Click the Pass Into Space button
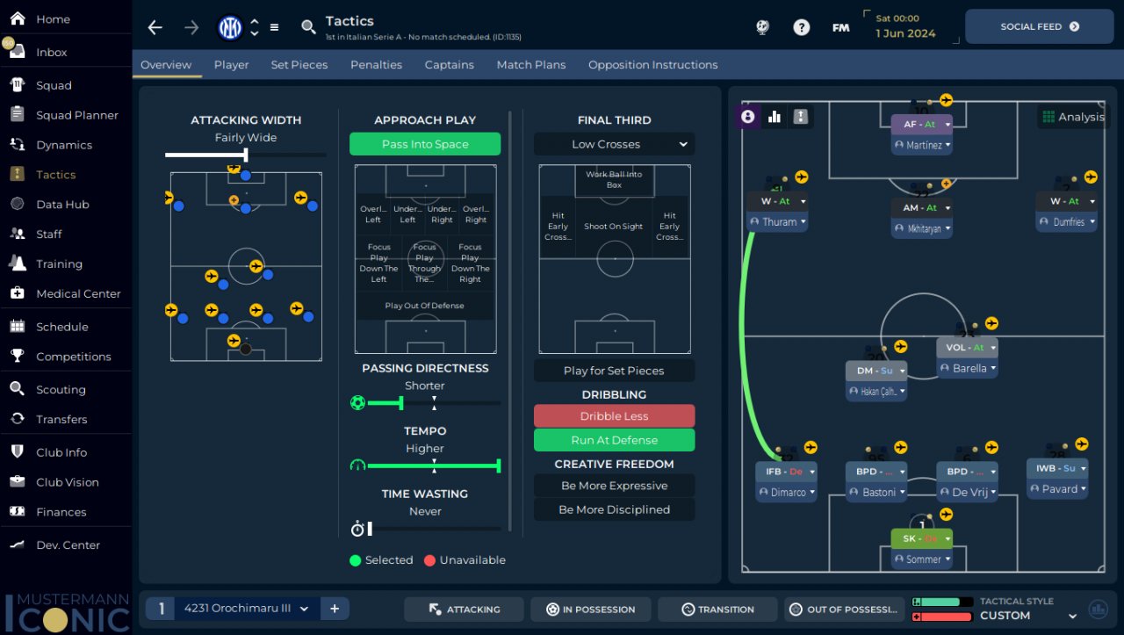(x=425, y=144)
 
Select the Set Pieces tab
(x=299, y=65)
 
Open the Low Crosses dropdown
(x=614, y=144)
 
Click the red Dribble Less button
(x=614, y=416)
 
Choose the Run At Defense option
(x=614, y=440)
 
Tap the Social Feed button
(x=1039, y=27)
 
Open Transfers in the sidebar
(x=61, y=419)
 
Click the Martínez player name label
(x=923, y=145)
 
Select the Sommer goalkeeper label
(x=923, y=559)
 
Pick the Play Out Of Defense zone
(x=425, y=306)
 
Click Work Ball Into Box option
(x=614, y=180)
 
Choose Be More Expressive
(x=614, y=486)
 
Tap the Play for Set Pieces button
(x=614, y=371)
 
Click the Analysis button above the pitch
(x=1072, y=117)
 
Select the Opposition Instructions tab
(x=652, y=65)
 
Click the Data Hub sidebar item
(x=62, y=205)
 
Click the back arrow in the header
(x=155, y=27)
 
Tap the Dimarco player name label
(x=787, y=493)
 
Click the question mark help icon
(x=801, y=27)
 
